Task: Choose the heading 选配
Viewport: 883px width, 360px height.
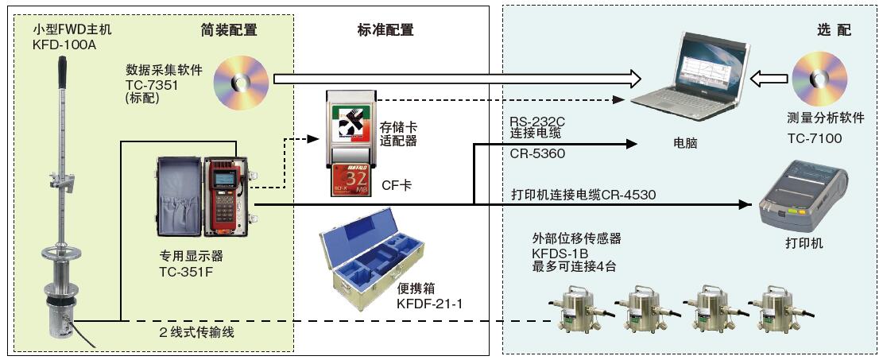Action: click(x=834, y=30)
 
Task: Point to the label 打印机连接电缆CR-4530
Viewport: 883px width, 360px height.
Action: click(x=583, y=194)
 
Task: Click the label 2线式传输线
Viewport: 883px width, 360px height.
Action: click(x=196, y=331)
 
